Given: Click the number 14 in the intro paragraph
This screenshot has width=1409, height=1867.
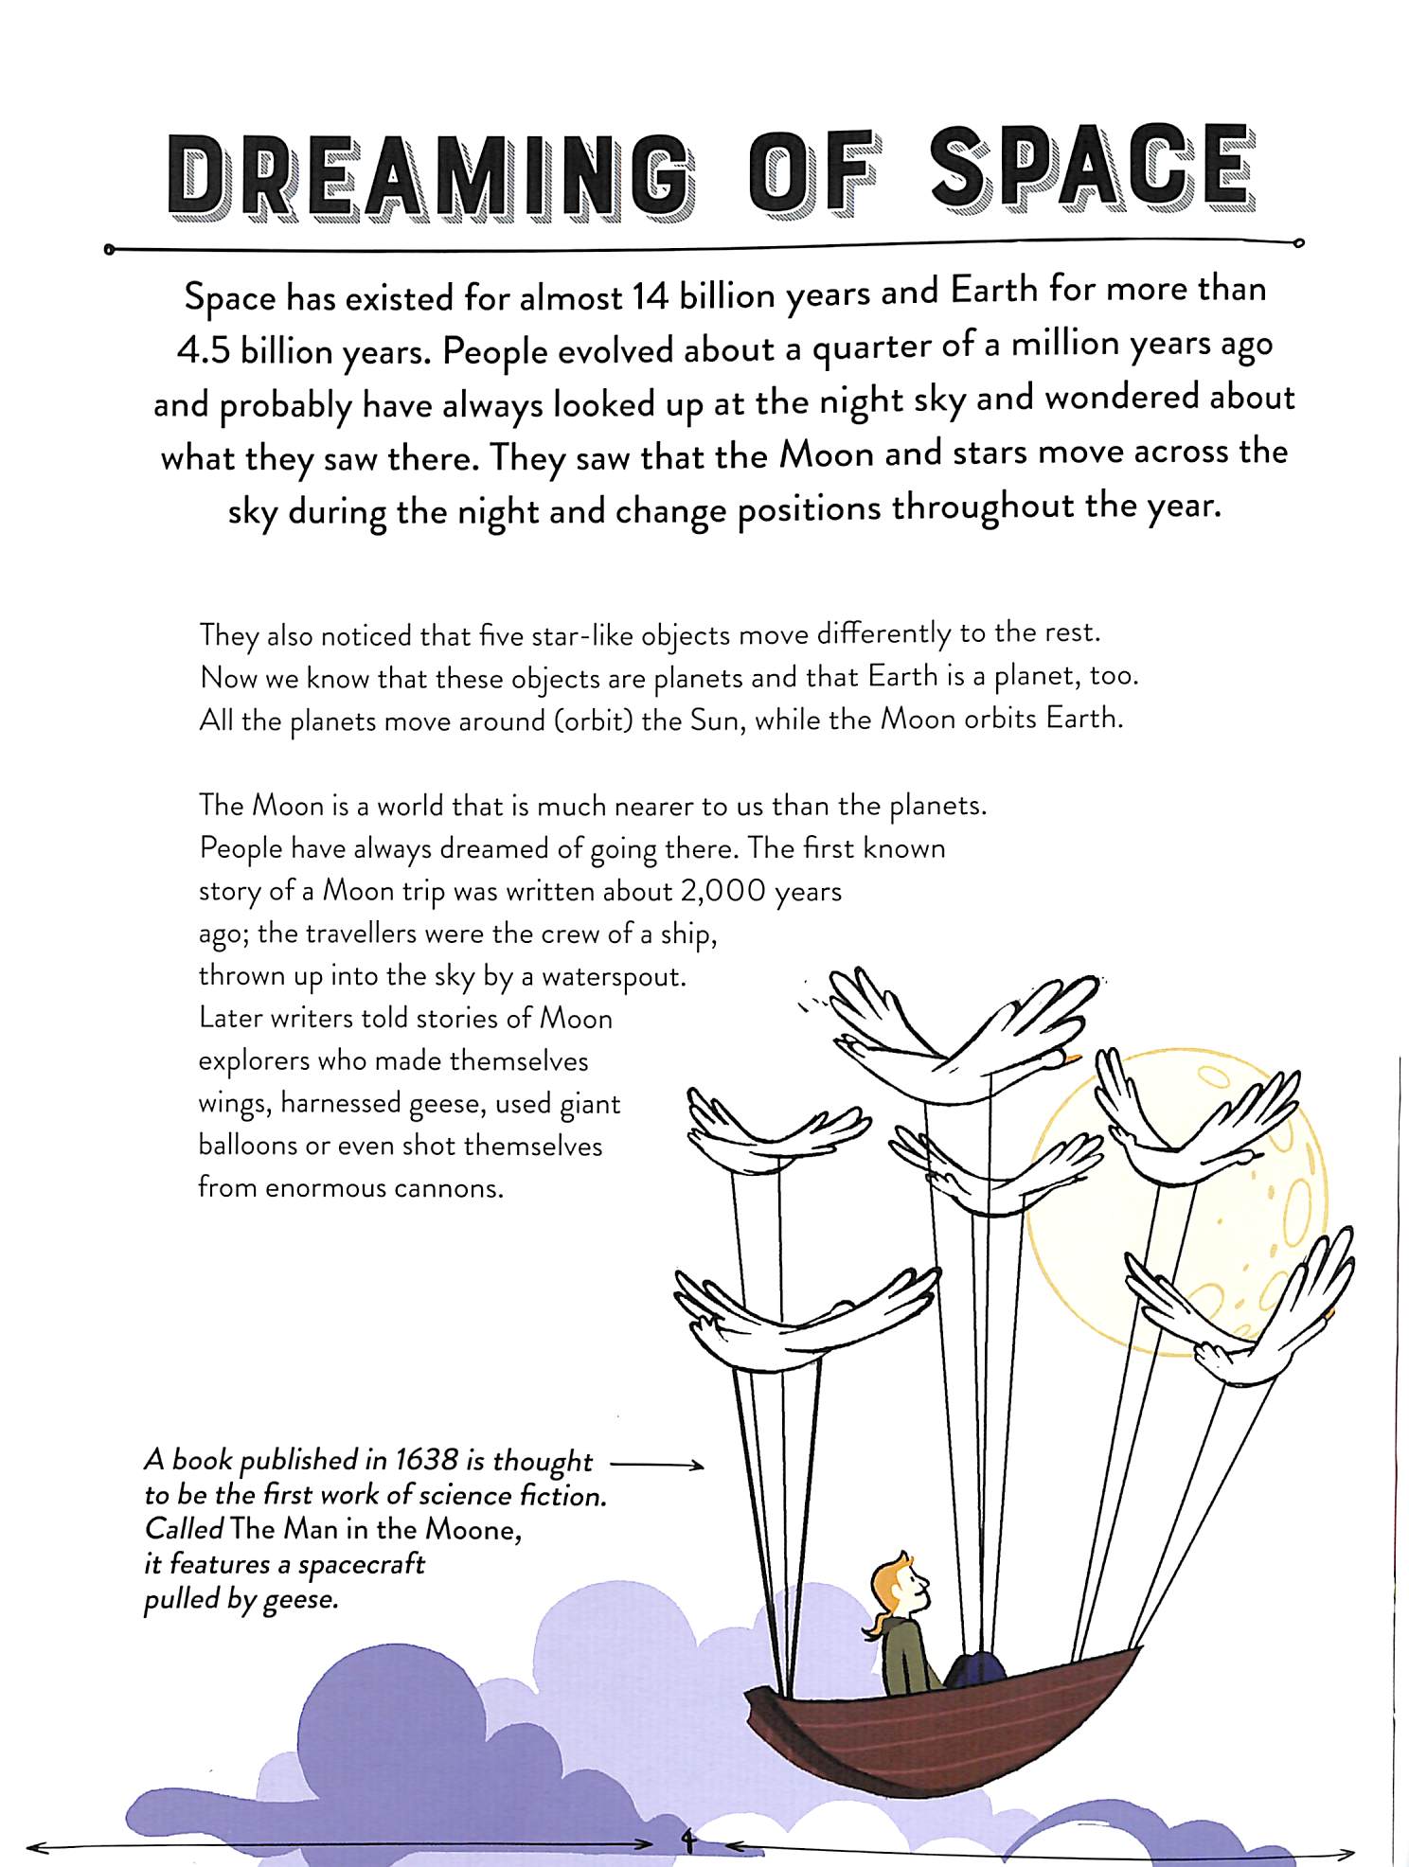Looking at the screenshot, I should pyautogui.click(x=651, y=296).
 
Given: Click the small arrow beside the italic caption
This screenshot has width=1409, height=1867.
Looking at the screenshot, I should pyautogui.click(x=658, y=1465).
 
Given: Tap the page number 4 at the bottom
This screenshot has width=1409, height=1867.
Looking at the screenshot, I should pyautogui.click(x=688, y=1840).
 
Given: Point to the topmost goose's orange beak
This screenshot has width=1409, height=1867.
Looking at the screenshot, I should pyautogui.click(x=1073, y=1058).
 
